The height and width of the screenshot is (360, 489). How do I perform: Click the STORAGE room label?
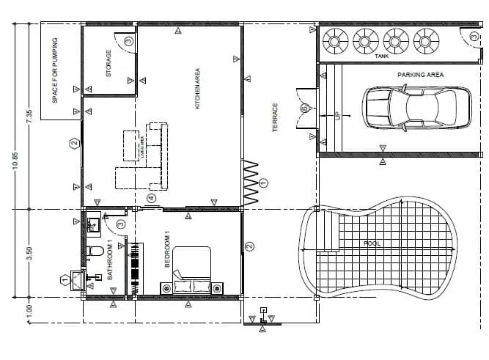point(109,64)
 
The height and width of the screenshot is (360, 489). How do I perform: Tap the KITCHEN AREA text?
point(197,89)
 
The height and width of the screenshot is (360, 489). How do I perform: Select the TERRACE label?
point(276,117)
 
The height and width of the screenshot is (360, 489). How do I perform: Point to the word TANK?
point(381,56)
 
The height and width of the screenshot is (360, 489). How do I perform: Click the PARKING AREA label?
point(421,75)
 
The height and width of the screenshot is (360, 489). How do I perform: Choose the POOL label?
point(372,243)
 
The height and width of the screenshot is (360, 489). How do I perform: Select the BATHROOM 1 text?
point(109,260)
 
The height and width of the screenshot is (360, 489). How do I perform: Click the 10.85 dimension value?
point(15,161)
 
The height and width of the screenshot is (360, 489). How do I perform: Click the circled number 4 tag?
point(151,198)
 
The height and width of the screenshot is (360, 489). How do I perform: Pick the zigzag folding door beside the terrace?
point(251,183)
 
